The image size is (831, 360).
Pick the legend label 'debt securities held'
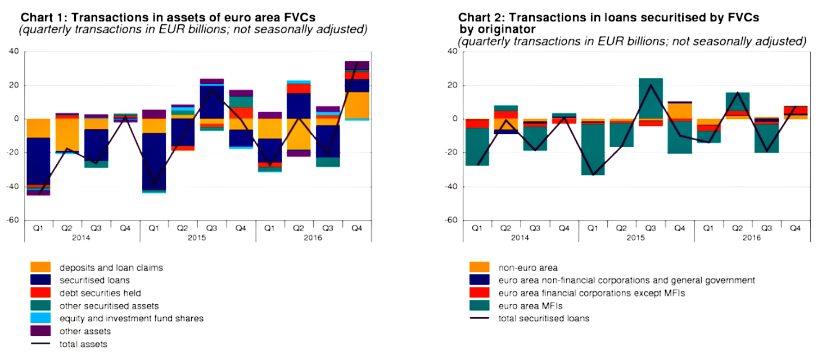coord(100,293)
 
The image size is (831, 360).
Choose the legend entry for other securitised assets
coord(109,306)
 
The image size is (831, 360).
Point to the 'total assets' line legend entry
coord(83,344)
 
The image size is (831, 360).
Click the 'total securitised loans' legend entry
coord(544,318)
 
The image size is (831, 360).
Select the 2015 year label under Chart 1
coord(197,237)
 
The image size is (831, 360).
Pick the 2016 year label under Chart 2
coord(752,237)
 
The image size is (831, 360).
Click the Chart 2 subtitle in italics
coord(631,42)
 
